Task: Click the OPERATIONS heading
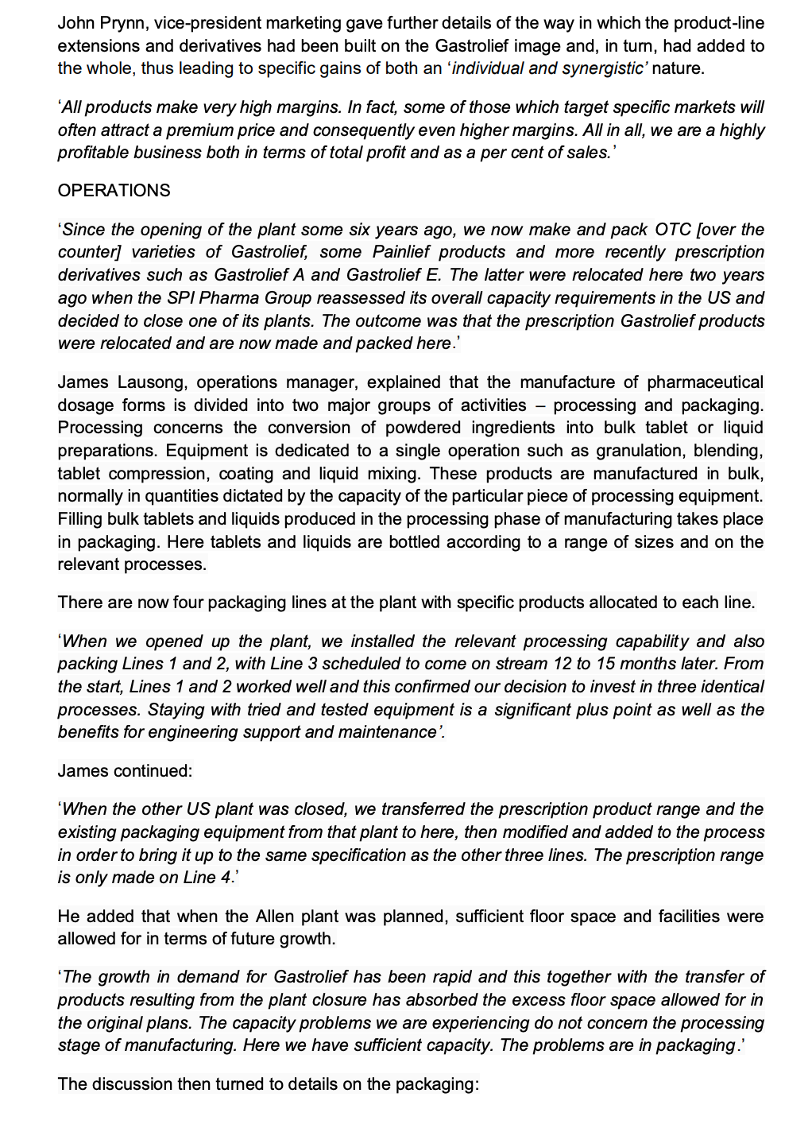(114, 191)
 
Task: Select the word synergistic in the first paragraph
(603, 68)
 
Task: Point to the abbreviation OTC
(672, 230)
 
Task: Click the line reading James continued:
(125, 771)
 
